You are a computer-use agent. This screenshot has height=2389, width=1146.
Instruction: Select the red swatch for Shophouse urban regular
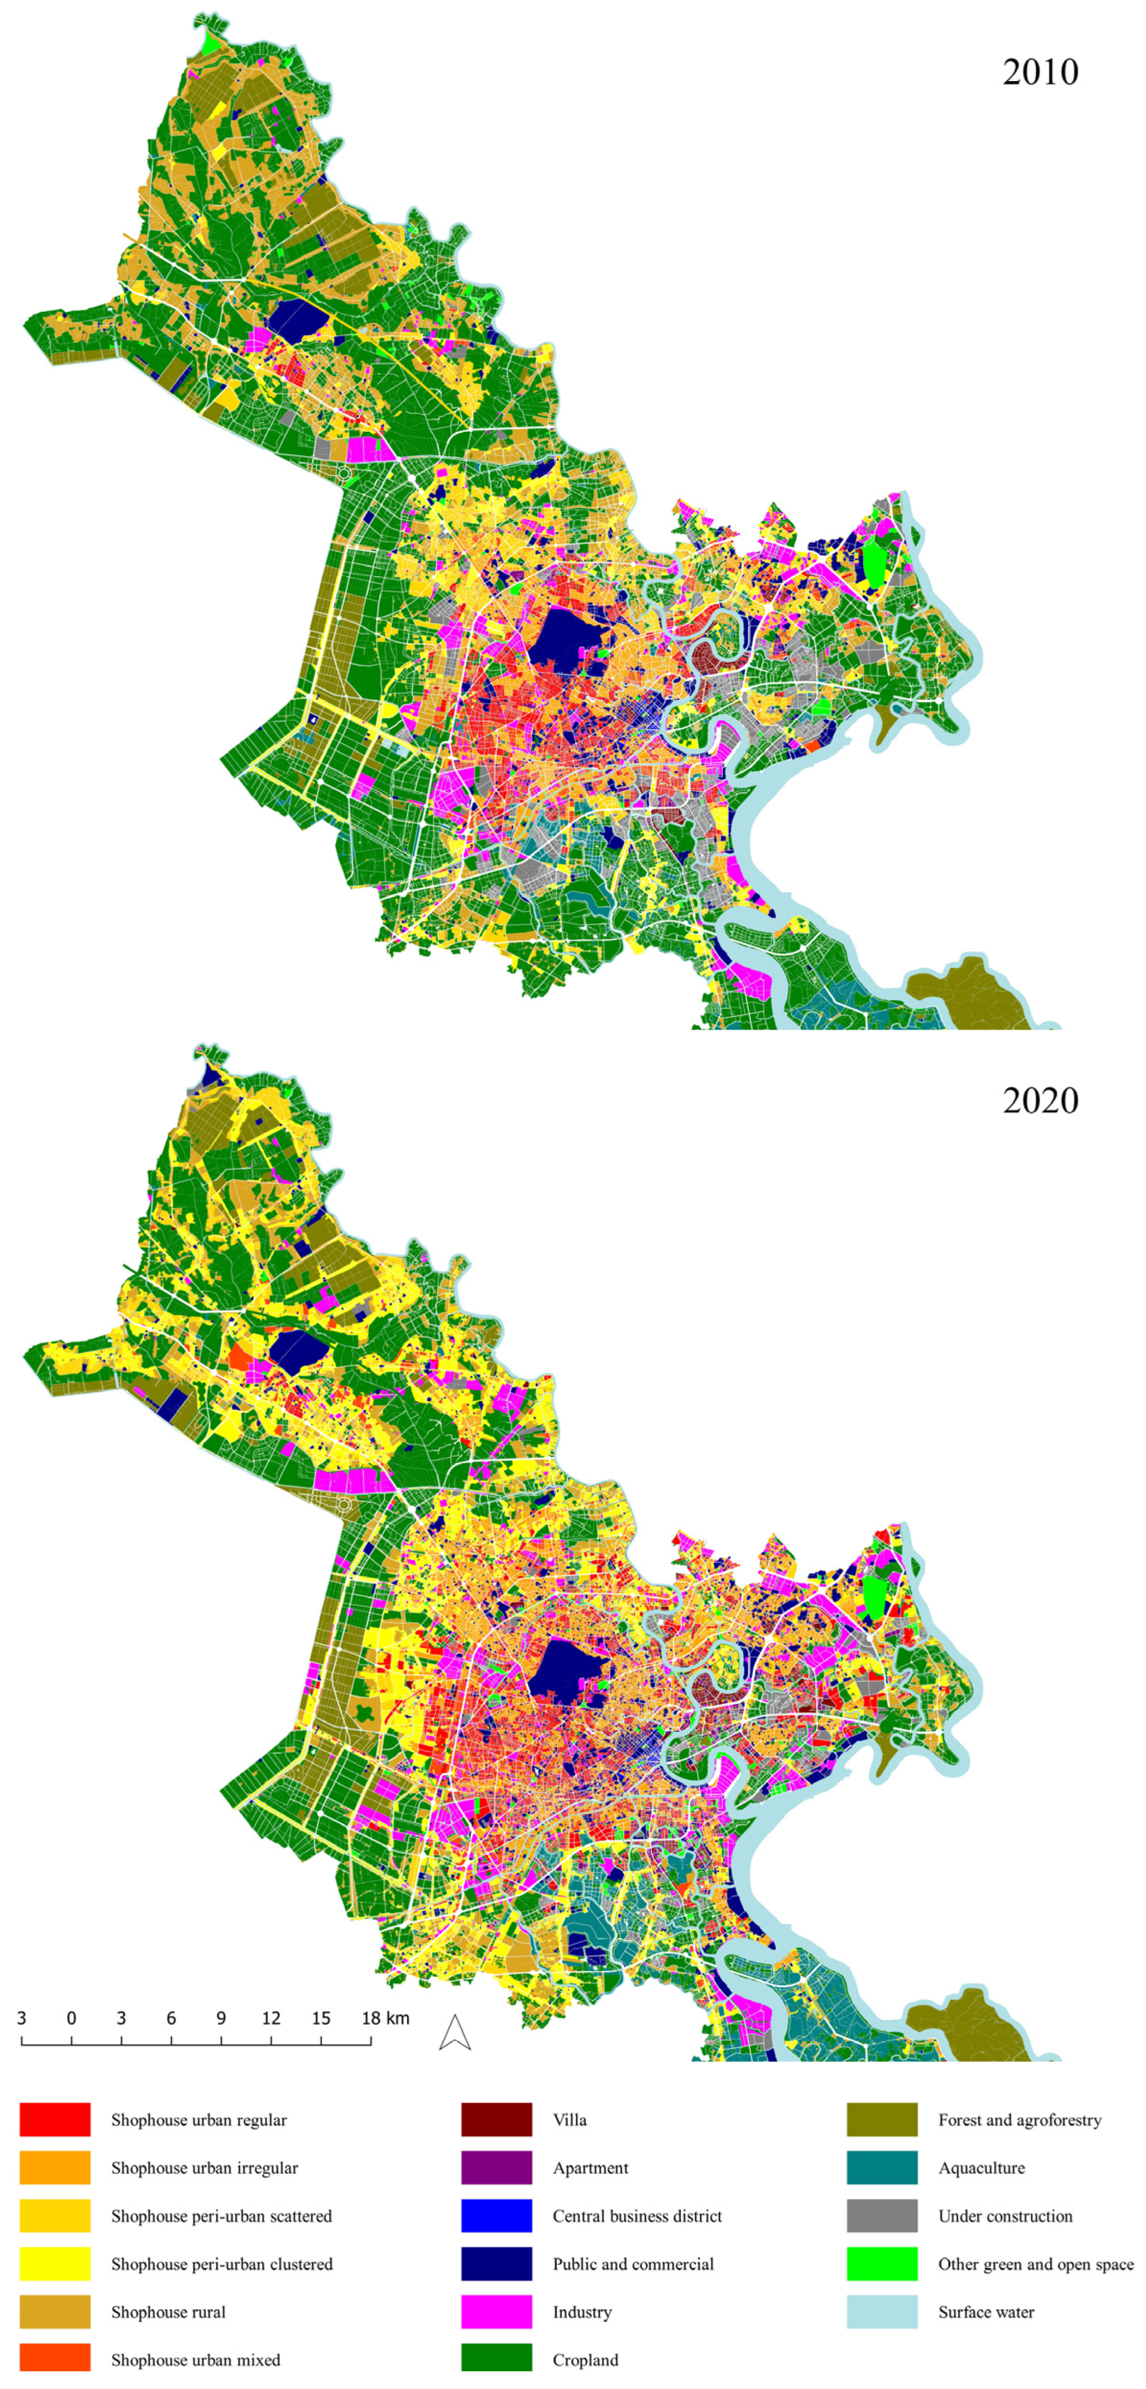(x=55, y=2119)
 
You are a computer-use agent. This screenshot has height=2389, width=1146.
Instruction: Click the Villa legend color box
(x=496, y=2119)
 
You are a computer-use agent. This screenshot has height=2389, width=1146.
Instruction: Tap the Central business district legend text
(x=637, y=2216)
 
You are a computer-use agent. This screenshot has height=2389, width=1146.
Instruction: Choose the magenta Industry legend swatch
(x=496, y=2312)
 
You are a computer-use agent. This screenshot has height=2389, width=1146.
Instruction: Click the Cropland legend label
(x=585, y=2360)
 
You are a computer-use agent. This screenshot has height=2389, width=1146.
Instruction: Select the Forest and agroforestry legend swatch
(x=882, y=2119)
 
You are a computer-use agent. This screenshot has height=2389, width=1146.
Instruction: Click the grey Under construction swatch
(x=882, y=2216)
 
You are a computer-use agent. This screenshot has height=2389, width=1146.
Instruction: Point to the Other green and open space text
(x=1036, y=2264)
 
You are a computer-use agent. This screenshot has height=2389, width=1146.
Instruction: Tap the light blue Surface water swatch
(x=882, y=2312)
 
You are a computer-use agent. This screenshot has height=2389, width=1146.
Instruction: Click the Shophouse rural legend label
(x=168, y=2312)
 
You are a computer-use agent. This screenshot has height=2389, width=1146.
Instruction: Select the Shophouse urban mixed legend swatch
(x=55, y=2360)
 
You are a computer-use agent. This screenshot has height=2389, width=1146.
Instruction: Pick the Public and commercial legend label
(x=633, y=2264)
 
